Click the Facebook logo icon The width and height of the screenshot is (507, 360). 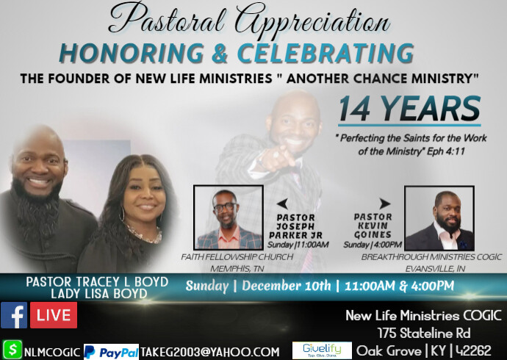click(x=14, y=315)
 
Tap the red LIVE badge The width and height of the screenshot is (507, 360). click(x=53, y=315)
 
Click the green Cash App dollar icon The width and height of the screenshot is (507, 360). click(x=12, y=350)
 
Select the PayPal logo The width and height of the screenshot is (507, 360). click(x=111, y=351)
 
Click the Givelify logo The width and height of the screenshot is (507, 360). click(x=321, y=350)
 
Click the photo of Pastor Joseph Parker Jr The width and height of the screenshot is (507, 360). click(x=228, y=217)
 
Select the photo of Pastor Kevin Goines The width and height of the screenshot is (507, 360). click(x=439, y=217)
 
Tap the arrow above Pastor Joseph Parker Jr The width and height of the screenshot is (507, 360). click(x=280, y=204)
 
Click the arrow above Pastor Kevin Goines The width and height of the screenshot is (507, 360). click(x=384, y=204)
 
